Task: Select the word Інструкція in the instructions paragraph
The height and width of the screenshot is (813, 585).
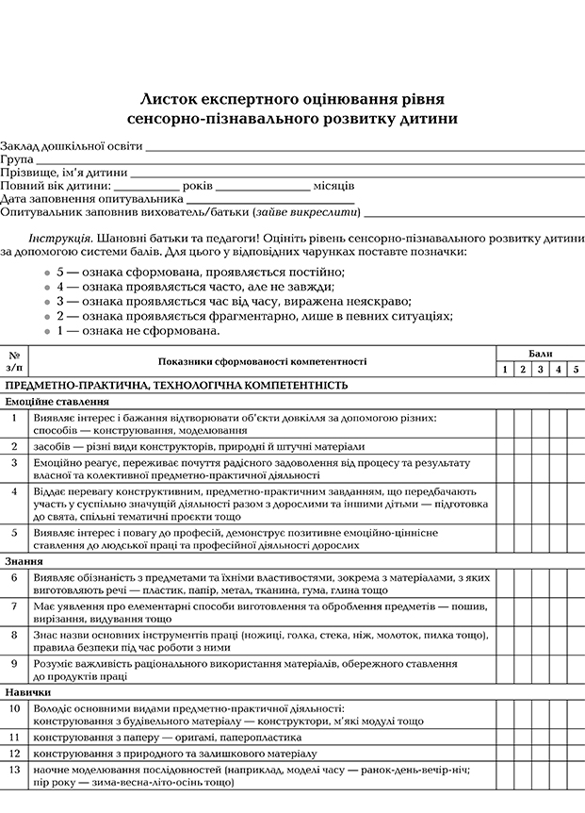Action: click(60, 239)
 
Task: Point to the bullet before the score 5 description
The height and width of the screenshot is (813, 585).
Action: click(46, 272)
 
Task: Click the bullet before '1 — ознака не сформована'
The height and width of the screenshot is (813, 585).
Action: click(46, 331)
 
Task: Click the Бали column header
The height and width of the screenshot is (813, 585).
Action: click(541, 353)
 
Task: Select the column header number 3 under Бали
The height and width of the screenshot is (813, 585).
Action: click(541, 369)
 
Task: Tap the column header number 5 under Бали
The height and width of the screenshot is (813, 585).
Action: click(576, 369)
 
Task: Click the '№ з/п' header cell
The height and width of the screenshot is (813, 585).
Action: click(14, 360)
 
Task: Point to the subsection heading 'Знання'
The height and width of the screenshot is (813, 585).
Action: click(24, 560)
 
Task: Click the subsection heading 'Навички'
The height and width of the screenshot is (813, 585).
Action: click(27, 692)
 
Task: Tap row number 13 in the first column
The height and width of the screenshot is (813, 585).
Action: click(14, 771)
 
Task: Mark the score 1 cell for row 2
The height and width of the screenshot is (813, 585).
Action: click(506, 446)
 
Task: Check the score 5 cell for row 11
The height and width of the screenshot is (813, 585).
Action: click(576, 737)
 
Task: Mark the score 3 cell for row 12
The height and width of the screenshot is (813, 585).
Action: click(541, 754)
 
